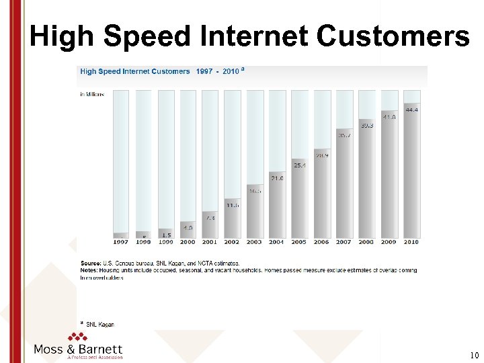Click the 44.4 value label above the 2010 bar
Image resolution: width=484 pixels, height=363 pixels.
(411, 110)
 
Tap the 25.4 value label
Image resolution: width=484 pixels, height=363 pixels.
(299, 165)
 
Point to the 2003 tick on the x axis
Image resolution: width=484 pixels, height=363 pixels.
(255, 242)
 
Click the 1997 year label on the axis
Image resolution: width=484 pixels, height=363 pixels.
(121, 242)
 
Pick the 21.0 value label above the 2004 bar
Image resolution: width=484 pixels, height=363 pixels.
(277, 178)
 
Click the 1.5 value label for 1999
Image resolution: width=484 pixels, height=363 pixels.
(165, 235)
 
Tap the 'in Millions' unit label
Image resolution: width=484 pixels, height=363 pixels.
(92, 95)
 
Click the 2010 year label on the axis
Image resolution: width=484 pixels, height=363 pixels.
(411, 242)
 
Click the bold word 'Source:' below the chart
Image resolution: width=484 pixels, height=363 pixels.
(91, 263)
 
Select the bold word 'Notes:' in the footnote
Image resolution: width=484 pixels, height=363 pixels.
(90, 270)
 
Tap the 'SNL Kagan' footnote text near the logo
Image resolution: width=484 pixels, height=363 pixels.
(100, 325)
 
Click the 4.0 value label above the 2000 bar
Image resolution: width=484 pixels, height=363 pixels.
(188, 227)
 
